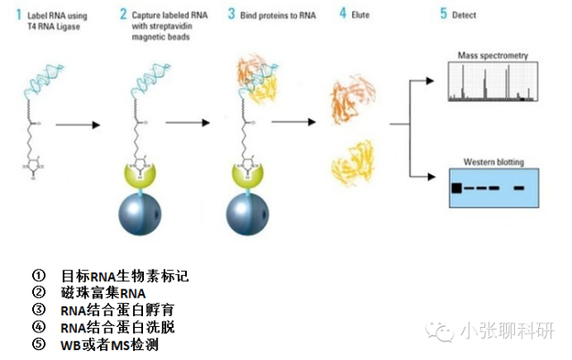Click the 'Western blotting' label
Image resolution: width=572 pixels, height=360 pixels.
tap(493, 162)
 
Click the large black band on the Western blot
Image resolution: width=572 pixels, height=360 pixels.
tap(457, 188)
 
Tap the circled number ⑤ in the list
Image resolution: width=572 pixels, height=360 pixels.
tap(38, 344)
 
